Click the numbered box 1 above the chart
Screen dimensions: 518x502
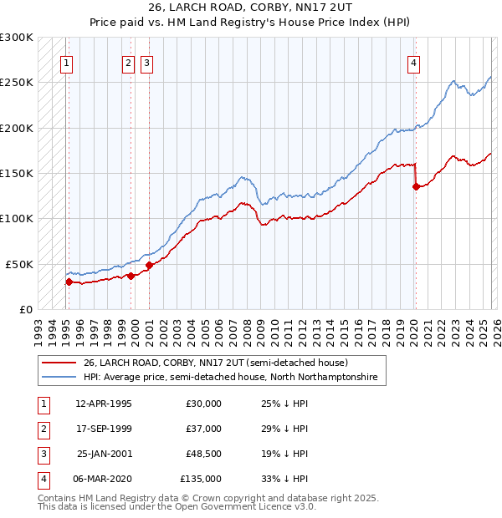pos(66,62)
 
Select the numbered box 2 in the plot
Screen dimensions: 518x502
pos(128,62)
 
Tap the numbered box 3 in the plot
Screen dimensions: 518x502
pos(146,62)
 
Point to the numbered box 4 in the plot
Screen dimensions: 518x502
pos(413,62)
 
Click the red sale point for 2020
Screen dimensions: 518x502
pos(416,187)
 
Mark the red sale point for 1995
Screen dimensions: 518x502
pos(69,282)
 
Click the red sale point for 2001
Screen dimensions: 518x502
pos(149,266)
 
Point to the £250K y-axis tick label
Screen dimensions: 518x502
pos(17,83)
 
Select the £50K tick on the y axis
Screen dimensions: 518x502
pos(20,264)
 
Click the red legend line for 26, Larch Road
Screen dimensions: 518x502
pos(59,363)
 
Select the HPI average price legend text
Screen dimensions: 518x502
pos(230,378)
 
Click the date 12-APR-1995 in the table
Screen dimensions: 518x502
pos(104,404)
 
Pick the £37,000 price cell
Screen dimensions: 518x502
pos(203,429)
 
